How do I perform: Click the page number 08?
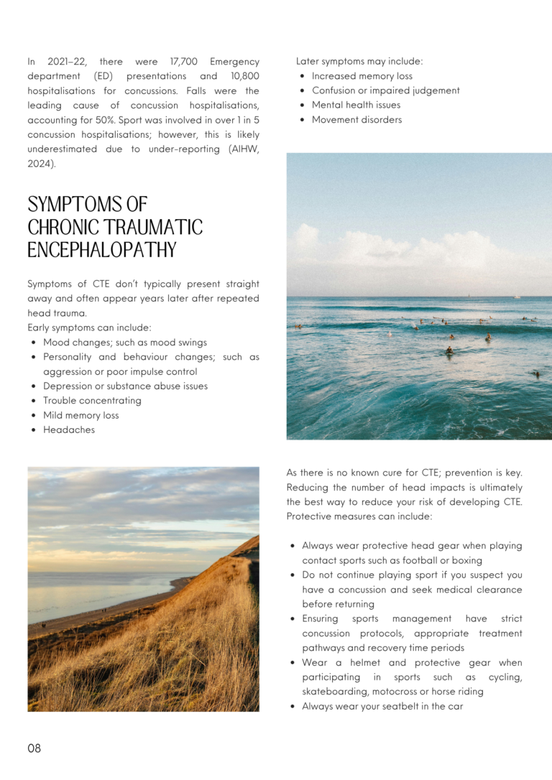pos(34,748)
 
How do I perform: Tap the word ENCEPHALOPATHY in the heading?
pos(102,250)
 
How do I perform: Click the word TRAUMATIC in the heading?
pos(155,228)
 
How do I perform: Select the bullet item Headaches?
pos(69,430)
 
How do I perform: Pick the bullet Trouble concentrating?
pos(92,401)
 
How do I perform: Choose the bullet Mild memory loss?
pos(81,415)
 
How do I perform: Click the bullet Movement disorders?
pos(356,120)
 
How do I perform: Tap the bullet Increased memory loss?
pos(362,76)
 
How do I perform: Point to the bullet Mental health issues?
pos(356,106)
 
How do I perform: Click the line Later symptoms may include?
pos(359,62)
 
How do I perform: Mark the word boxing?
pos(466,560)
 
